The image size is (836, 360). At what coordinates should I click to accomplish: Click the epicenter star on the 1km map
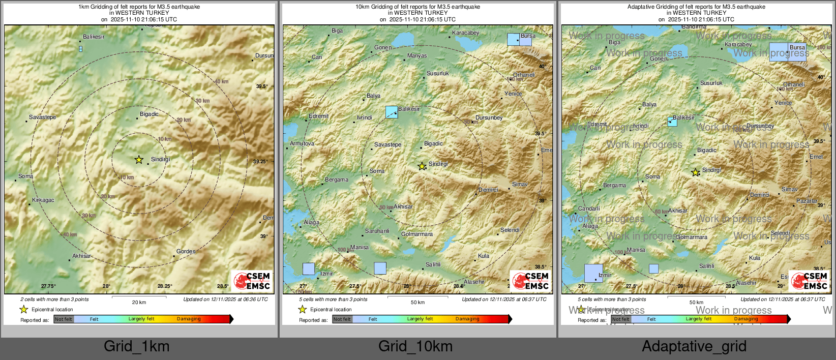click(x=139, y=160)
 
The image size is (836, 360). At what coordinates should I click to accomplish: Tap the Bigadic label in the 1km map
click(x=149, y=114)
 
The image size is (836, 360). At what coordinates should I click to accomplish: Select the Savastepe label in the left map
click(x=43, y=117)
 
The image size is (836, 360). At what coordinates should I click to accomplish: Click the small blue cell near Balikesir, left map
click(x=80, y=49)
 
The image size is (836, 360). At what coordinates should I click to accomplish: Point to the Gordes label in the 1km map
click(x=186, y=251)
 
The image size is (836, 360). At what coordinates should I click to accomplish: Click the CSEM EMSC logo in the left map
click(x=252, y=281)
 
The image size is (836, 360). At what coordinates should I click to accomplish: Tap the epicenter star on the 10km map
click(x=422, y=166)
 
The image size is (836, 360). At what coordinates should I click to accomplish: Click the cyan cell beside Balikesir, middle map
click(x=392, y=112)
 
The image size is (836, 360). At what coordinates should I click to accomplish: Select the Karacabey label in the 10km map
click(x=465, y=33)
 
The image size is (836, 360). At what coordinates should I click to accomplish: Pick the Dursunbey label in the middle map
click(x=489, y=117)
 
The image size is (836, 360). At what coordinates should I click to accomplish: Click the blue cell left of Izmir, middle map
click(x=309, y=268)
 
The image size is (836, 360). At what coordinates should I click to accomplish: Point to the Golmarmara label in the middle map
click(x=417, y=234)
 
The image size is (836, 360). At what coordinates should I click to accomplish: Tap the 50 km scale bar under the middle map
click(x=417, y=297)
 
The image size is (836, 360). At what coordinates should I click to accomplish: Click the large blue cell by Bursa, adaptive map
click(x=787, y=52)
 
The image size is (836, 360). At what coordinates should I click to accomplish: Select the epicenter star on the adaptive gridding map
click(x=695, y=172)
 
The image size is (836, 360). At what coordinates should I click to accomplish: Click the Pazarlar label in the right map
click(x=807, y=201)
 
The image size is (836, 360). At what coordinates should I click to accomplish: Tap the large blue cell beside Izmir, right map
click(x=593, y=273)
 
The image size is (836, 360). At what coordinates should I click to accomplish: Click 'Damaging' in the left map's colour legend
click(x=189, y=319)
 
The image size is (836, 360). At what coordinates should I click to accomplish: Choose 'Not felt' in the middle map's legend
click(x=342, y=319)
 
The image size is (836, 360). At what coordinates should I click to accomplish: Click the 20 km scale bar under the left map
click(x=139, y=297)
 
